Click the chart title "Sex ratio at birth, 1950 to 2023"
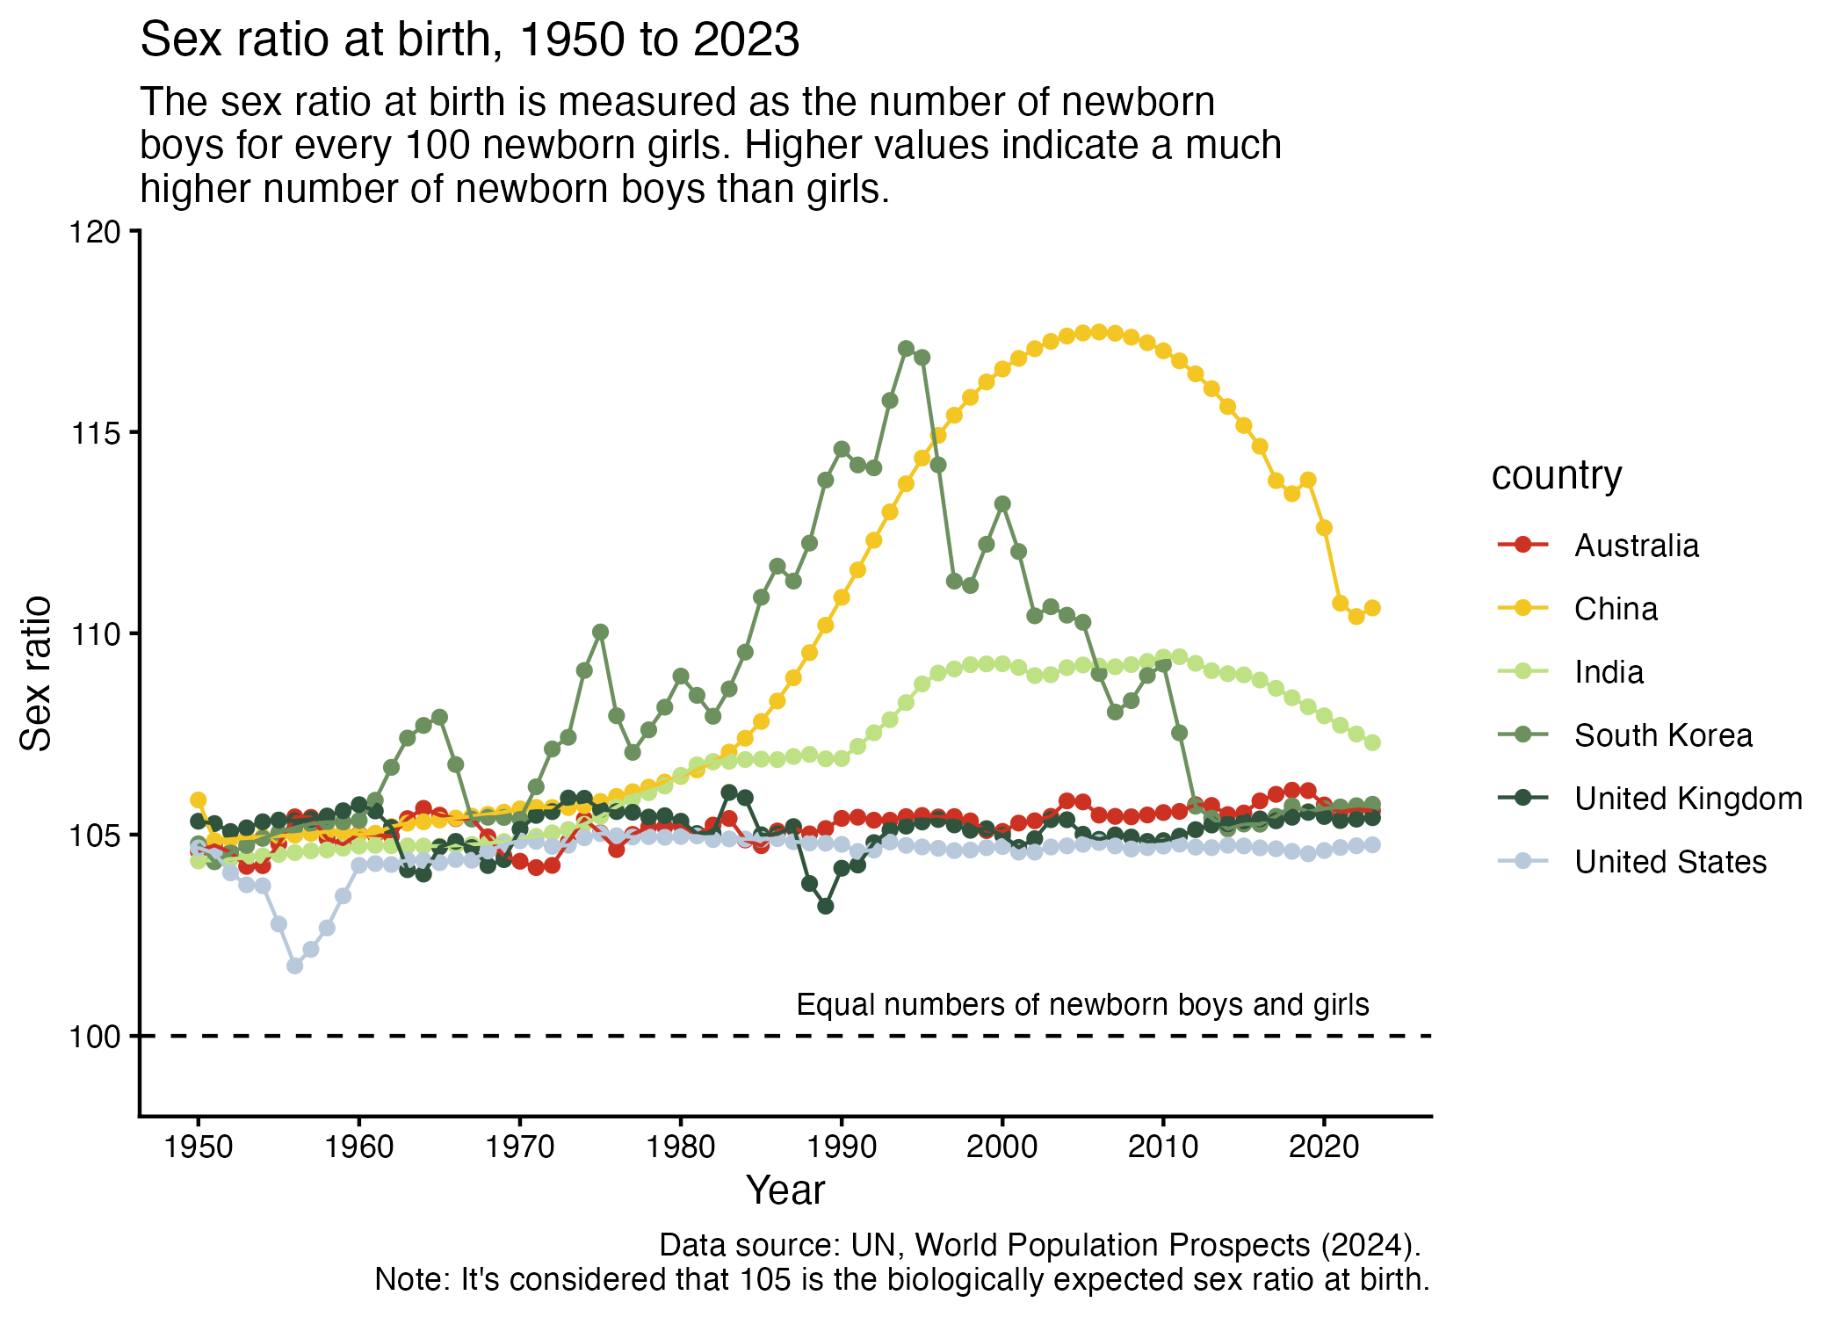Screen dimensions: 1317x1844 pyautogui.click(x=470, y=40)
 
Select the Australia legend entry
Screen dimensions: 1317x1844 pyautogui.click(x=1636, y=546)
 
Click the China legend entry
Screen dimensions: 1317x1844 pyautogui.click(x=1616, y=609)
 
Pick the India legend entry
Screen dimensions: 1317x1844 pyautogui.click(x=1609, y=672)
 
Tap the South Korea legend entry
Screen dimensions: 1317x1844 pyautogui.click(x=1663, y=735)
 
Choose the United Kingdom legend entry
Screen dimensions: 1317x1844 pyautogui.click(x=1688, y=799)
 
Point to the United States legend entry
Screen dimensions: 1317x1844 pyautogui.click(x=1670, y=862)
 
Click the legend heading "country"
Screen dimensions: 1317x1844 pyautogui.click(x=1557, y=475)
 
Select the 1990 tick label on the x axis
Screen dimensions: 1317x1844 pyautogui.click(x=842, y=1147)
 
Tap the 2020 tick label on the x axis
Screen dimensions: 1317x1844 pyautogui.click(x=1324, y=1147)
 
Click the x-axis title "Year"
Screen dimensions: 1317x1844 pyautogui.click(x=785, y=1191)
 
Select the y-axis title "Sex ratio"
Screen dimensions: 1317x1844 pyautogui.click(x=36, y=673)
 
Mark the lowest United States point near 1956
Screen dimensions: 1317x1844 pyautogui.click(x=294, y=966)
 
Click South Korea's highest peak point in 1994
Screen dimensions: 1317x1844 pyautogui.click(x=907, y=349)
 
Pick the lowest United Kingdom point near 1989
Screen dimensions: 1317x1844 pyautogui.click(x=826, y=906)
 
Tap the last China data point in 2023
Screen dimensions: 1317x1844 pyautogui.click(x=1372, y=608)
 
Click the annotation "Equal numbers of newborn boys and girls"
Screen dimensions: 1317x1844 pyautogui.click(x=1082, y=1005)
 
